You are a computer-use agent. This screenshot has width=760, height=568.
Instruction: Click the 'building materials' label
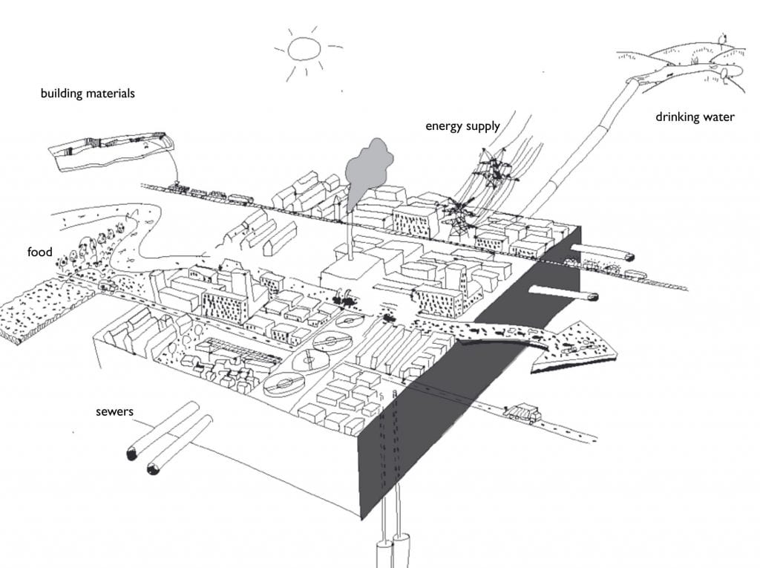click(88, 94)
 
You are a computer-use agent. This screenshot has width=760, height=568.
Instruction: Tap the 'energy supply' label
click(462, 126)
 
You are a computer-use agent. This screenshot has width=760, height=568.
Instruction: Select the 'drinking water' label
click(694, 117)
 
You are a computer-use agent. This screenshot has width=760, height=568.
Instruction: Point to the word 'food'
click(41, 253)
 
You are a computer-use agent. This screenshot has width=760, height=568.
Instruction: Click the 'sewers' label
click(116, 411)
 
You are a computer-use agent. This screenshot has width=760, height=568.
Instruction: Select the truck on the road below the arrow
click(522, 413)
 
